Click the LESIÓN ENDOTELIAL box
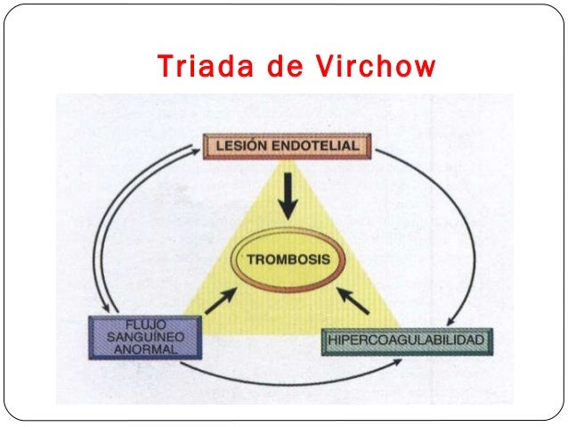click(286, 144)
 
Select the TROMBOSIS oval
click(286, 260)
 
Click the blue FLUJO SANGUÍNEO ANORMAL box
click(145, 336)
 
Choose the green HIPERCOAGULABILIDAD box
click(405, 341)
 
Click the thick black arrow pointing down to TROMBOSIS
click(286, 195)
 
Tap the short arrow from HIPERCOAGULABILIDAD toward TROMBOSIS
click(354, 300)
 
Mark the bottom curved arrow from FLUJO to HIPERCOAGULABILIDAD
click(294, 382)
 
